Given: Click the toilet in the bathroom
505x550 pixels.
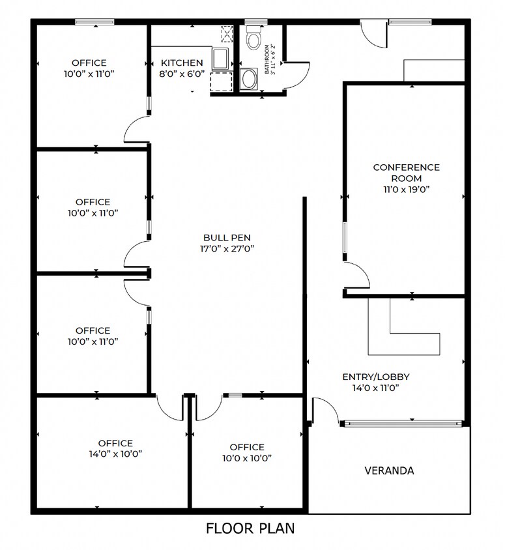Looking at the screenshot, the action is pos(253,37).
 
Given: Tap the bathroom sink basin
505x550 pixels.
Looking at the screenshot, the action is pos(249,79).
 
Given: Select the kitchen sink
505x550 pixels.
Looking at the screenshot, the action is pos(220,59).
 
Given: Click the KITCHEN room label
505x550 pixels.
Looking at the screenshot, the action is pos(182,63).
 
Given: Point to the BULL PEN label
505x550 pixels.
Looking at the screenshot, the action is pos(227,237).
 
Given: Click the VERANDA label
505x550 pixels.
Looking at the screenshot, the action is pos(389,470).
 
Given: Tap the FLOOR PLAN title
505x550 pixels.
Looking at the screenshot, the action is pos(250,528).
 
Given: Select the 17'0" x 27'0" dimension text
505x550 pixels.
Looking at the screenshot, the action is pos(227,249).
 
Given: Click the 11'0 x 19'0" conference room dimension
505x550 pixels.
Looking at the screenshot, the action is pos(406,190).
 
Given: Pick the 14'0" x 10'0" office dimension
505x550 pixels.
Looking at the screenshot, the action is pos(115,454).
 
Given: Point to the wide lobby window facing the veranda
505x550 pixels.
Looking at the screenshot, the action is pos(403,424).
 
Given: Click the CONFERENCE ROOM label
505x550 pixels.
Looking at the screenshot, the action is pos(406,173).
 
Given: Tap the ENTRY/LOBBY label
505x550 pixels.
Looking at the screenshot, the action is pos(376,377).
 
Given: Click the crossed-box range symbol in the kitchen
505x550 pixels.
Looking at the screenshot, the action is pos(227,34).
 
